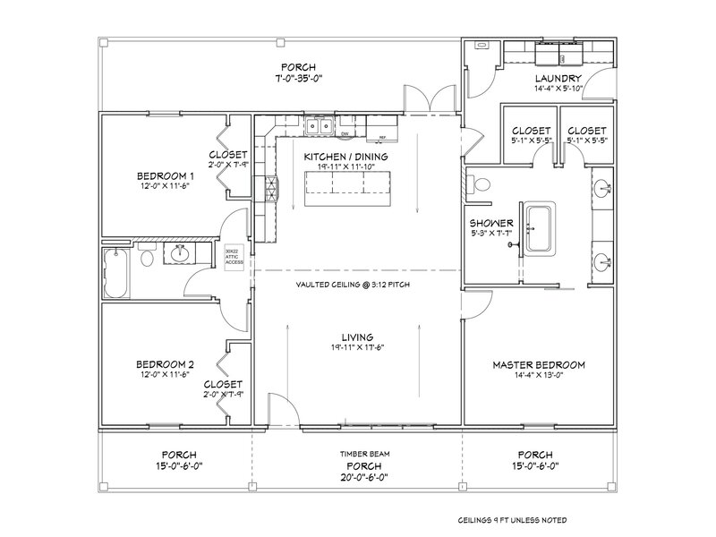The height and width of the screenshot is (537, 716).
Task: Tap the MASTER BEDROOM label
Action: point(539,365)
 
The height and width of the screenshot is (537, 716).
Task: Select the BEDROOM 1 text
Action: point(165,175)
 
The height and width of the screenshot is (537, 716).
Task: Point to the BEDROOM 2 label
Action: point(165,364)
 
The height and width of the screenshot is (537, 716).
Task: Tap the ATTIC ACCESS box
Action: point(234,256)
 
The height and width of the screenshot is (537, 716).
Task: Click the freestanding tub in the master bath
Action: point(539,228)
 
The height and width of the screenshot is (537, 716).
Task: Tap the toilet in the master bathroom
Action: point(482,186)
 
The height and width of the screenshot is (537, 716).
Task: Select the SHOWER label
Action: point(490,223)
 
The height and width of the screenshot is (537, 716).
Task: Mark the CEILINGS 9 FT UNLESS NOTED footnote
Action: point(511,520)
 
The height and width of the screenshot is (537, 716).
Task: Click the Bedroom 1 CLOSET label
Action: point(227,154)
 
